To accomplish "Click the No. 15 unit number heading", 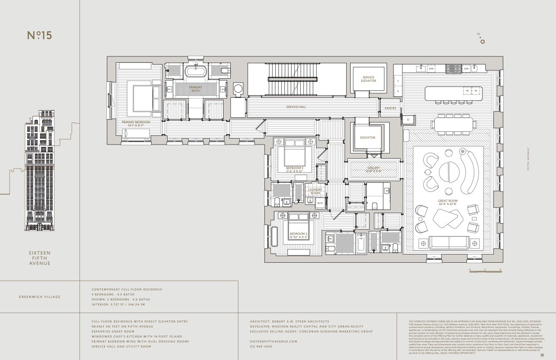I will [x=39, y=35].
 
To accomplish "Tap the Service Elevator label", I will [x=368, y=79].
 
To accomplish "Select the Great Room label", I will [x=448, y=202].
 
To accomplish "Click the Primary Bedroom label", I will [x=135, y=123].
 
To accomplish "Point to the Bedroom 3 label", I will [x=294, y=170].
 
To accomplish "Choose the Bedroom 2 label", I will [x=299, y=235].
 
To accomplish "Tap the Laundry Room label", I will [x=315, y=191].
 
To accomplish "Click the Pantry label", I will [x=390, y=108].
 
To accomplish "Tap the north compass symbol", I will [x=482, y=40].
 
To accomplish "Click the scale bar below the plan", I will [x=485, y=270].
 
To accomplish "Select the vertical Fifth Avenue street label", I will [x=528, y=164].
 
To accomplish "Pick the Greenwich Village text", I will [x=40, y=297].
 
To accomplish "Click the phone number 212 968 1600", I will [x=261, y=346].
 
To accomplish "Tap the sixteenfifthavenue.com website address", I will [x=273, y=341].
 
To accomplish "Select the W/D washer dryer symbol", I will [x=320, y=203].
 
